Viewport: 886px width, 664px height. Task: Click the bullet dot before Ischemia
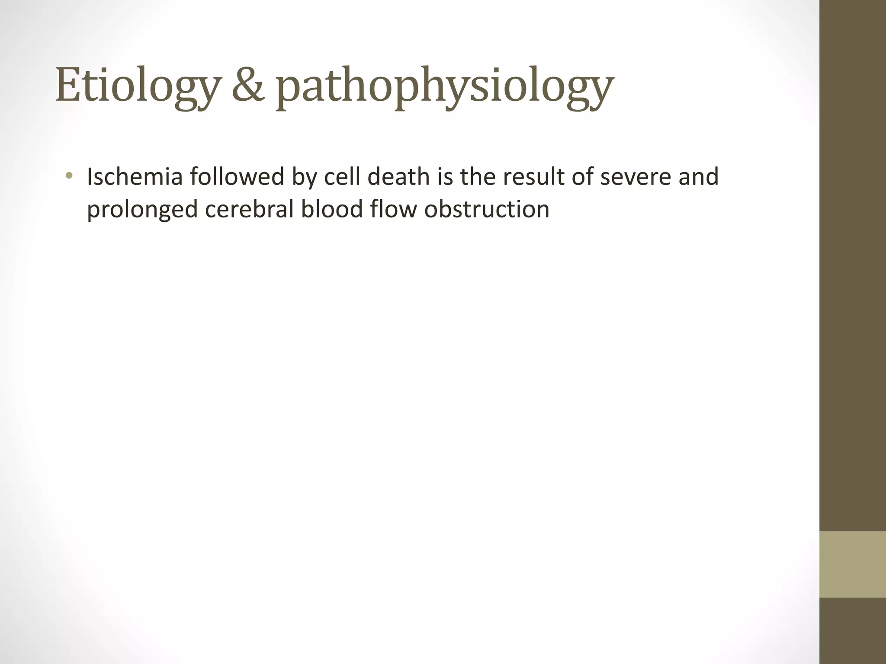[68, 176]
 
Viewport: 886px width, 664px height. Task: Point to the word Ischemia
[135, 177]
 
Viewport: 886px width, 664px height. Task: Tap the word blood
[332, 209]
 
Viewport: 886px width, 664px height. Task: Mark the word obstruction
[487, 209]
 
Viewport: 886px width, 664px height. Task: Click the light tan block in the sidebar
[852, 565]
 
